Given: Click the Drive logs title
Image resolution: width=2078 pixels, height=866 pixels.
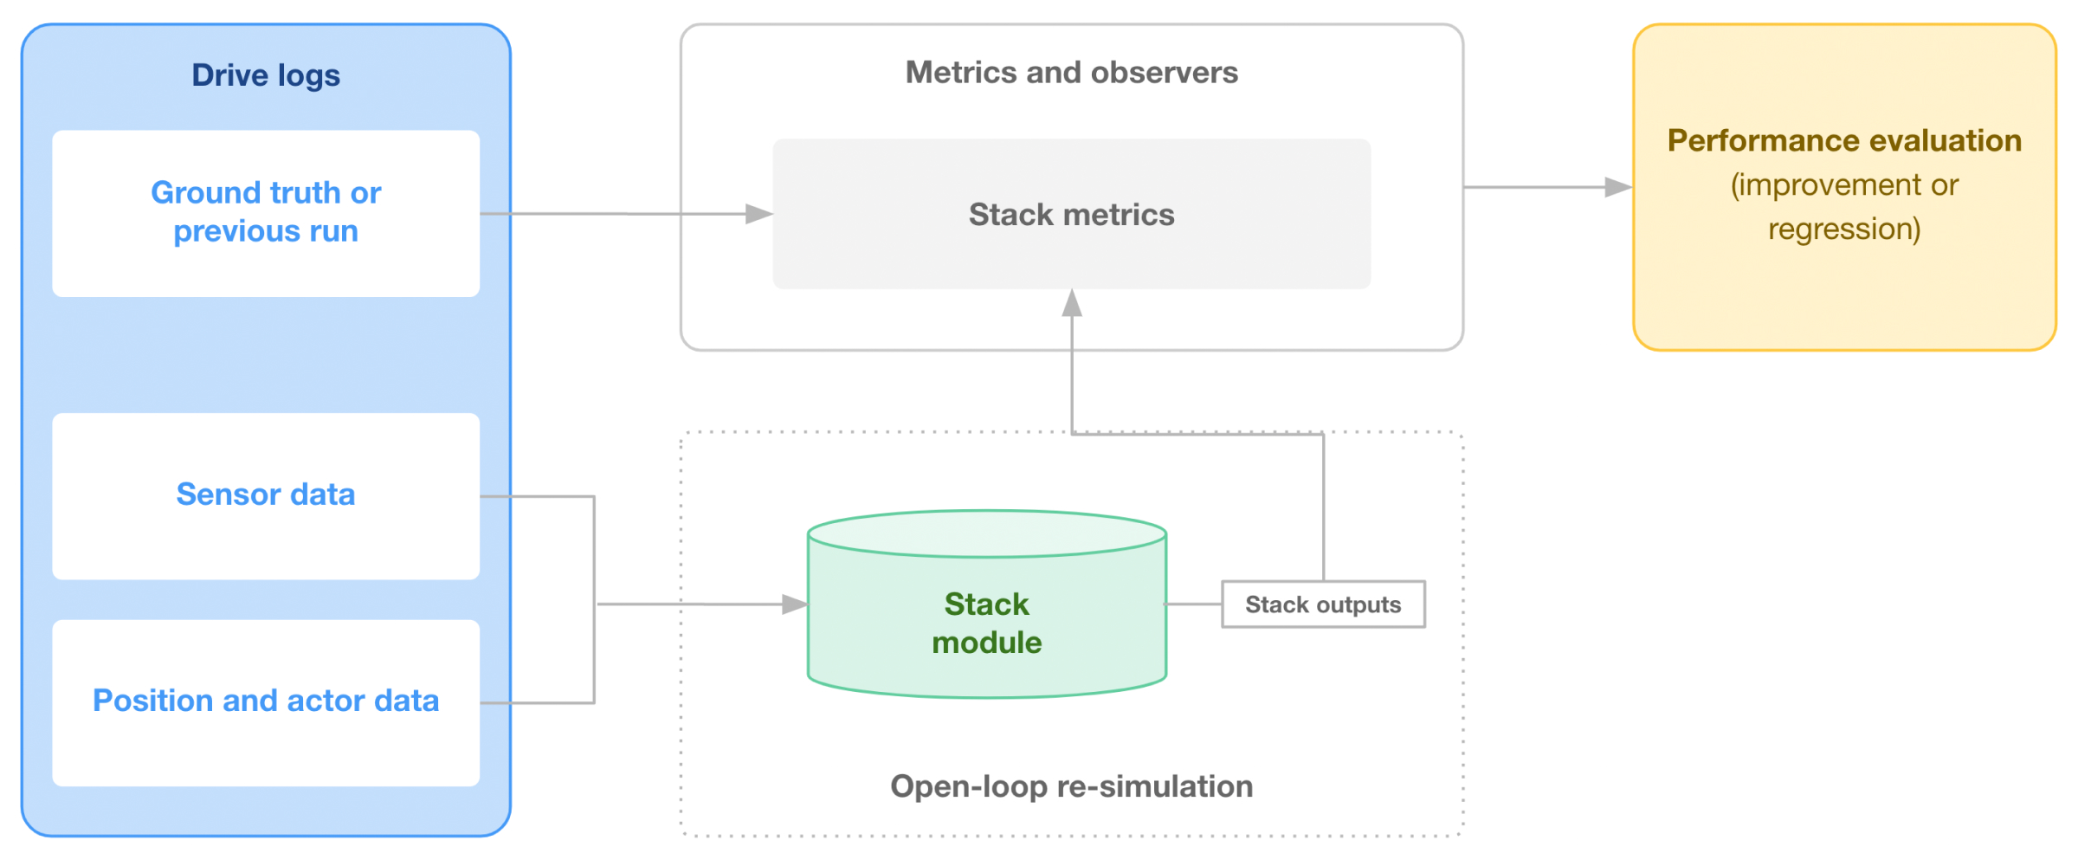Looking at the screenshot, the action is coord(266,76).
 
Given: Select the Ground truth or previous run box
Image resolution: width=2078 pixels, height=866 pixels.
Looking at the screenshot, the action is coord(266,214).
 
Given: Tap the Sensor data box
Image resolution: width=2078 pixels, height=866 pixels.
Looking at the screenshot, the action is coord(266,496).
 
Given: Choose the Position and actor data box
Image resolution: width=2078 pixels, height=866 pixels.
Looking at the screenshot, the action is coord(266,702).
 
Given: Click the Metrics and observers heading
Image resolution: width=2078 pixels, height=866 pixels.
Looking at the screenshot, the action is coord(1072,73).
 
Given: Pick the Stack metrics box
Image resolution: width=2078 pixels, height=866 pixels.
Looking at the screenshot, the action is coord(1072,214).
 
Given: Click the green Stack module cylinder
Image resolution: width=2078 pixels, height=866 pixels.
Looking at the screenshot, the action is coord(987,604).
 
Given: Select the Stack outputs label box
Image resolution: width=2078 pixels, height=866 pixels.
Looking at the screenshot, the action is coord(1323,604).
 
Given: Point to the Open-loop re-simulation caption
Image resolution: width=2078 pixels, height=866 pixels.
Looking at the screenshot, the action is coord(1072,786).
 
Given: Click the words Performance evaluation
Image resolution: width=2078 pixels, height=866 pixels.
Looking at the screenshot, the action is coord(1844,141).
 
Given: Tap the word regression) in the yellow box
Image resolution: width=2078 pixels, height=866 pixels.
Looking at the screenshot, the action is coord(1844,229).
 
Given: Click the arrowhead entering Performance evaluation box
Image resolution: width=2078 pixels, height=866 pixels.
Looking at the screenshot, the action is coord(1618,187).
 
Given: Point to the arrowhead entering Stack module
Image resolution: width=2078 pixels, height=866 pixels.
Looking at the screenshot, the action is coord(794,604).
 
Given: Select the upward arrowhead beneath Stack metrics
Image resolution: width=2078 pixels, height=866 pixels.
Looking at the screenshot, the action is coord(1072,303).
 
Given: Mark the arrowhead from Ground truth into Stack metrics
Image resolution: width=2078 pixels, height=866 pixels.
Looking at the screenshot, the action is coord(759,214).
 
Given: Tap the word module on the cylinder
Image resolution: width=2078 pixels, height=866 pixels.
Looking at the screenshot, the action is coord(987,643).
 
